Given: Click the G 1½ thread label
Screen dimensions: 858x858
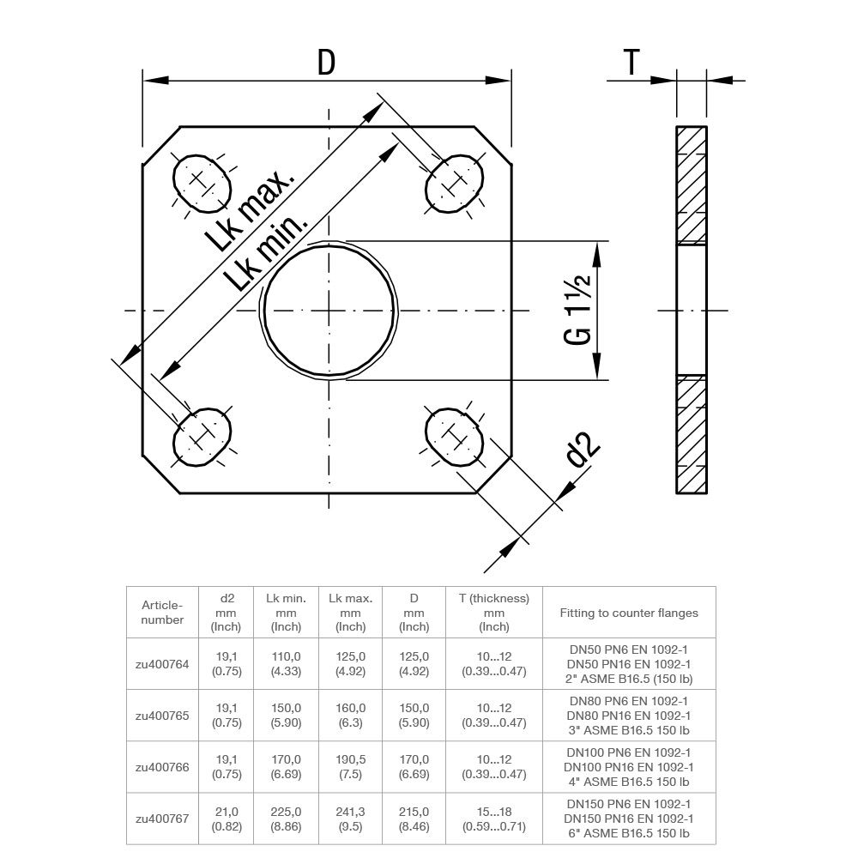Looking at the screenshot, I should (x=579, y=311).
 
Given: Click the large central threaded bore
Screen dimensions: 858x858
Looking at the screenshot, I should (x=330, y=310).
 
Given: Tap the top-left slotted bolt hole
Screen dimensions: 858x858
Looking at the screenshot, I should (x=202, y=181).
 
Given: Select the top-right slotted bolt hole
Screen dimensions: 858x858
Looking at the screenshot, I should (x=455, y=181).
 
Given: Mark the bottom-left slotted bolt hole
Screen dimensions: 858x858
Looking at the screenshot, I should (x=202, y=437).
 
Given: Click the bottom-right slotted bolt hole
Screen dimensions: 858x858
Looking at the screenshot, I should (x=455, y=437).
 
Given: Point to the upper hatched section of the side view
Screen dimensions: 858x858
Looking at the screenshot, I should (x=692, y=184).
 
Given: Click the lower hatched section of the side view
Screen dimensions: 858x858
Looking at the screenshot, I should (x=692, y=435).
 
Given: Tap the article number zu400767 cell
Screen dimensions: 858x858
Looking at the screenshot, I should (x=162, y=819).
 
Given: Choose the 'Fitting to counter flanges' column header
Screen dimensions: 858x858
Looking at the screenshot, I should (x=629, y=613).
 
